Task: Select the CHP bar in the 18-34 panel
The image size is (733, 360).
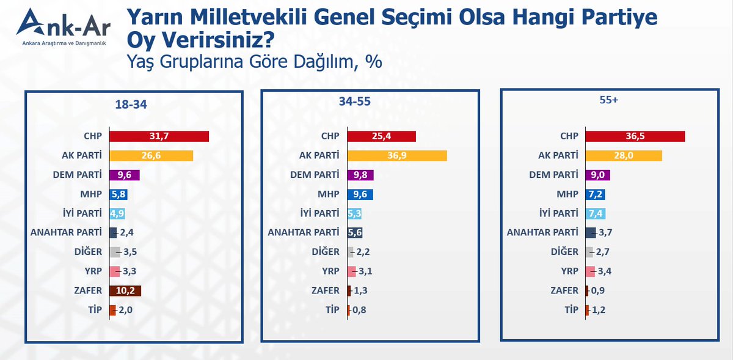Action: tap(159, 136)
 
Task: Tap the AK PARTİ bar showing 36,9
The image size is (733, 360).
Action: tap(397, 156)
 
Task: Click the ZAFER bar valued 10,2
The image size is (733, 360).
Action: tap(125, 291)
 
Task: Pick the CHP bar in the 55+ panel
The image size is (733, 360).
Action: tap(635, 136)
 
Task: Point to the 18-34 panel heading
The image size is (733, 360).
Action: tap(131, 105)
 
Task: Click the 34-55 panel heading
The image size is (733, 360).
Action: tap(354, 101)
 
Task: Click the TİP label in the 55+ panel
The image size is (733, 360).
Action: tap(570, 310)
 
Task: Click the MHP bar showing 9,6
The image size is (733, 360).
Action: tap(360, 194)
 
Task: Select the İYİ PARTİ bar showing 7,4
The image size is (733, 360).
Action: tap(595, 213)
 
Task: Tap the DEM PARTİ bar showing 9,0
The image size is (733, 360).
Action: tap(597, 175)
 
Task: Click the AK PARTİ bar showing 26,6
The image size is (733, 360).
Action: tap(151, 156)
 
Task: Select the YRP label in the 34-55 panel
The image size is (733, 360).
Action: tap(330, 271)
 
